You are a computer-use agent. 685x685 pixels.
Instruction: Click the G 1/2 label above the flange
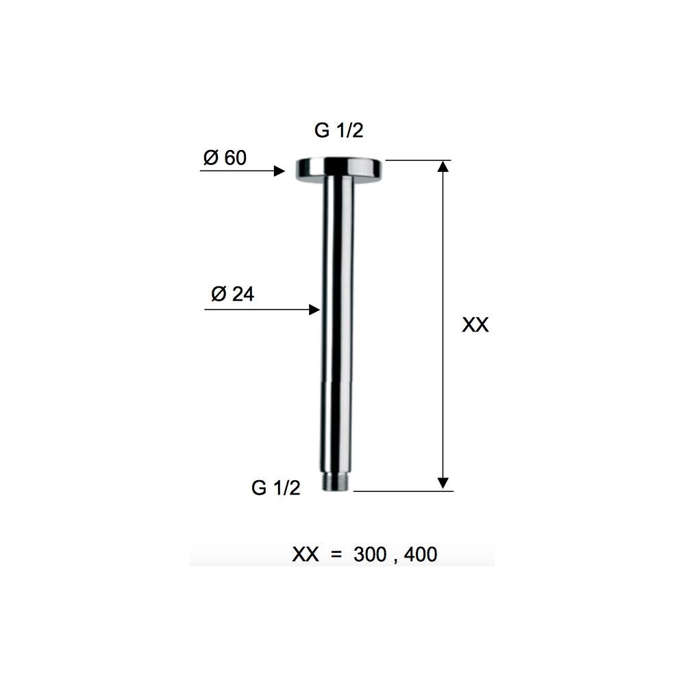339,132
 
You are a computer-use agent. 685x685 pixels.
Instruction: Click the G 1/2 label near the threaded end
276,488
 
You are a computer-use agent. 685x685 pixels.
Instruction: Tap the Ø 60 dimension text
224,158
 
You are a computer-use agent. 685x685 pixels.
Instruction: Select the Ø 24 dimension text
233,295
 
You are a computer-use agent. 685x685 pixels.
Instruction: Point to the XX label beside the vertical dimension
475,325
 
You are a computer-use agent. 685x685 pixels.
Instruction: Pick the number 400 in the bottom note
420,554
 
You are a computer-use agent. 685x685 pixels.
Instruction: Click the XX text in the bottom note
306,554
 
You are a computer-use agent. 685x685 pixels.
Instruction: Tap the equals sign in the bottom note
336,554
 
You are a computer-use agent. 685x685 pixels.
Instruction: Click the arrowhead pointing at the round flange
279,171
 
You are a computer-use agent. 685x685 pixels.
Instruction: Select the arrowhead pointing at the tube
314,310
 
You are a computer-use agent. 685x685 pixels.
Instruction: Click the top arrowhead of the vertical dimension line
444,166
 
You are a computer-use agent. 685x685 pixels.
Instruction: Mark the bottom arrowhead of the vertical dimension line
444,482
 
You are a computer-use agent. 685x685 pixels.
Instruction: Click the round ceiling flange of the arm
338,169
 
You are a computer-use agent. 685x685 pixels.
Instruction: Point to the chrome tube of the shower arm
337,329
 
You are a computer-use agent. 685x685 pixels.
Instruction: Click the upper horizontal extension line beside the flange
418,160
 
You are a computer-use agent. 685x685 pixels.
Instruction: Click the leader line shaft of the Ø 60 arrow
236,171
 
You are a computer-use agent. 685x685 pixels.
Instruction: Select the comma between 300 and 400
395,559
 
